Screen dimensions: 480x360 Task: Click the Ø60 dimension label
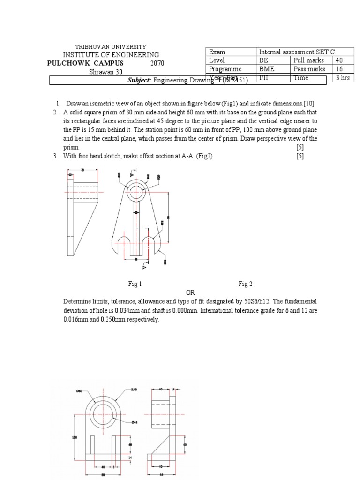tap(79, 390)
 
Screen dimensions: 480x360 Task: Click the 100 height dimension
tap(74, 437)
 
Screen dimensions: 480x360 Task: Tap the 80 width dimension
tap(103, 473)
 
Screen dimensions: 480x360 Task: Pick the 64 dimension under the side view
tap(161, 473)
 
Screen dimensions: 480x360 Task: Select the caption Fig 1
tap(135, 284)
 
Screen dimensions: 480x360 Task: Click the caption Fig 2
tap(246, 284)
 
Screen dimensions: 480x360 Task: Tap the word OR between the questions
tap(189, 292)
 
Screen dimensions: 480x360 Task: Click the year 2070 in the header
tap(157, 63)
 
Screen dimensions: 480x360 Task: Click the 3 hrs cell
tap(343, 78)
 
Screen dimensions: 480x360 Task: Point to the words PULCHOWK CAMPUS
tap(86, 63)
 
